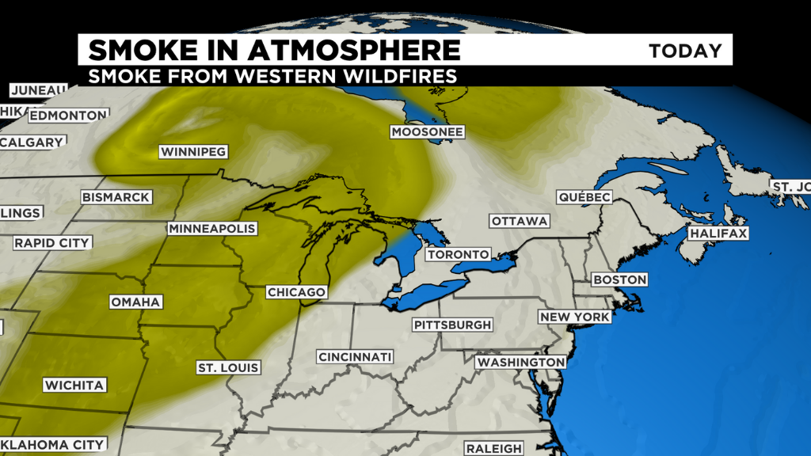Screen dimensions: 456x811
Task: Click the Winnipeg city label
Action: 193,151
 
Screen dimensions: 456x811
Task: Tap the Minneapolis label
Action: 212,229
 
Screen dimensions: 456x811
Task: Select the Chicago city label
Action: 296,292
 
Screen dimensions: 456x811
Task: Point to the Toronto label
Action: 458,254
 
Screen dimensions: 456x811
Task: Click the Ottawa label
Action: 520,221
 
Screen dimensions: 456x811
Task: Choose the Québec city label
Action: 584,196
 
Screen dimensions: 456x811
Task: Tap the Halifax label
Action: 718,234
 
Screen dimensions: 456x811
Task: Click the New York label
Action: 575,317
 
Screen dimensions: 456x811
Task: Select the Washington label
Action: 520,362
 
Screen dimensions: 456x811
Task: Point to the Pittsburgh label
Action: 453,325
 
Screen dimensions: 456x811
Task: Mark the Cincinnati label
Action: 356,357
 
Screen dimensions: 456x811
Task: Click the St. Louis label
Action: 229,368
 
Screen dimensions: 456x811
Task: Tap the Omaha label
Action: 136,302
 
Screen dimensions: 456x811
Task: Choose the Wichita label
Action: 74,386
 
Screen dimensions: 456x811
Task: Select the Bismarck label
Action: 116,197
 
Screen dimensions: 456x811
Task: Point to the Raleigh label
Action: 493,448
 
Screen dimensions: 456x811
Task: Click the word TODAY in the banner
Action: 685,51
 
